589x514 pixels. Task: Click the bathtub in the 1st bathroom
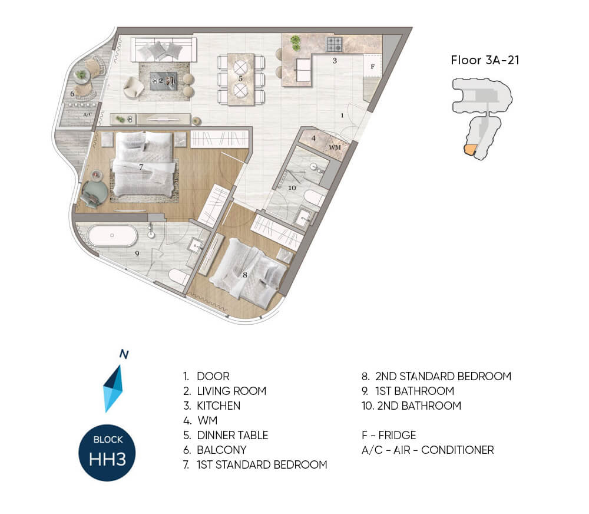click(112, 235)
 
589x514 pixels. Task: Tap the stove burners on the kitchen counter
click(335, 44)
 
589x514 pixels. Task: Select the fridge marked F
click(372, 66)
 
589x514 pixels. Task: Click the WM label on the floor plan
click(335, 147)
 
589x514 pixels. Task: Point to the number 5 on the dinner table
click(240, 79)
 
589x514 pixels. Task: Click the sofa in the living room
click(164, 50)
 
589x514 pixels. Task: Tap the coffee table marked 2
click(163, 81)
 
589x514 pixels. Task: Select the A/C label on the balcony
click(88, 114)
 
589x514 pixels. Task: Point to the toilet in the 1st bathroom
click(179, 277)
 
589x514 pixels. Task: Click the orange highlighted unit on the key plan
click(470, 150)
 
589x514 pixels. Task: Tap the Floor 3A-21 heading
click(485, 60)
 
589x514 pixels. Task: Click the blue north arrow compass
click(113, 388)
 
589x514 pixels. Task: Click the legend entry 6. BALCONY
click(215, 450)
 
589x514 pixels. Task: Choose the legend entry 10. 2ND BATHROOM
click(411, 406)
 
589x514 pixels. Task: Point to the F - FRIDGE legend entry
click(389, 435)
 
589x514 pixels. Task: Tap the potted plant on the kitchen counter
click(296, 42)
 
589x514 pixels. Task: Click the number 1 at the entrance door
click(342, 116)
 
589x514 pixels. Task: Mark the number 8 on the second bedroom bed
click(245, 275)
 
